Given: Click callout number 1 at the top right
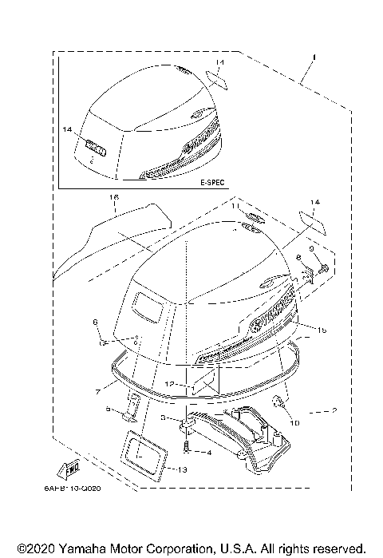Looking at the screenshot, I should [314, 57].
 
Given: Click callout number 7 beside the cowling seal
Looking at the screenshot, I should [97, 391].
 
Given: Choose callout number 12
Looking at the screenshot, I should [171, 385].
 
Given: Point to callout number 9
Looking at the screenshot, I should [322, 251].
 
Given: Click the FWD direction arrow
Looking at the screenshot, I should [70, 468].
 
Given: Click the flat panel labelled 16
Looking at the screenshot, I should [112, 235].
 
